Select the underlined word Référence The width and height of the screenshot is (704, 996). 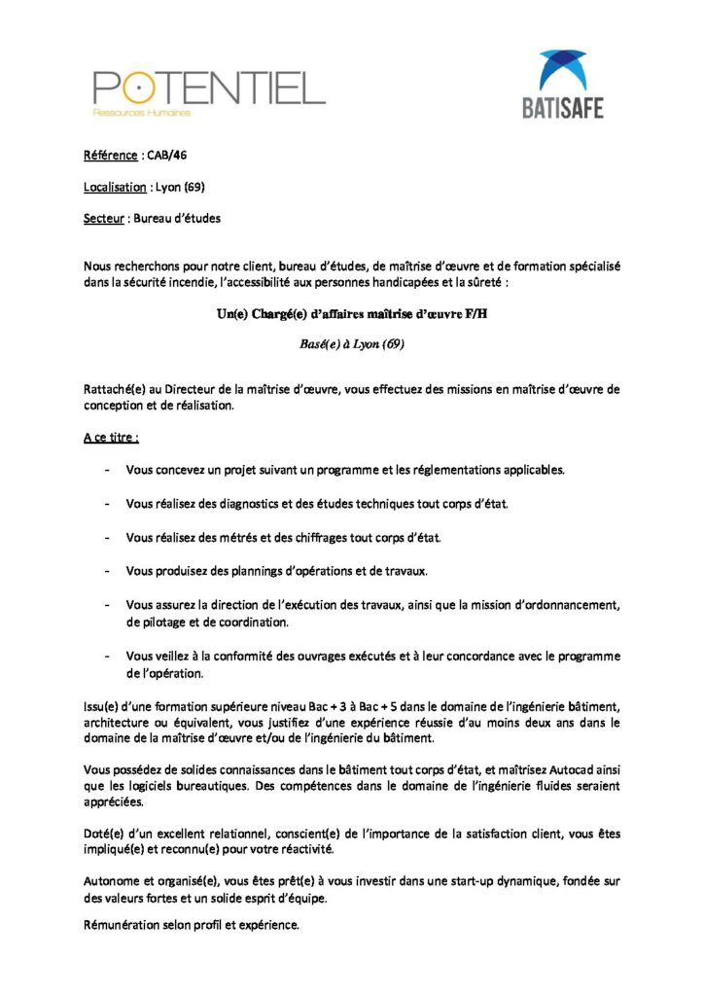(110, 155)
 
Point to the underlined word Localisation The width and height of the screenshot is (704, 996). (115, 187)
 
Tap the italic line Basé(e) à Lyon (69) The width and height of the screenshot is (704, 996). (351, 343)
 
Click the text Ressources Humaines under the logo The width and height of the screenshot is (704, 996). (141, 113)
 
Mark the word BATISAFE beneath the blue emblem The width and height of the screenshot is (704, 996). (563, 107)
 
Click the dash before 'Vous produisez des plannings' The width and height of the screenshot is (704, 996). (107, 570)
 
